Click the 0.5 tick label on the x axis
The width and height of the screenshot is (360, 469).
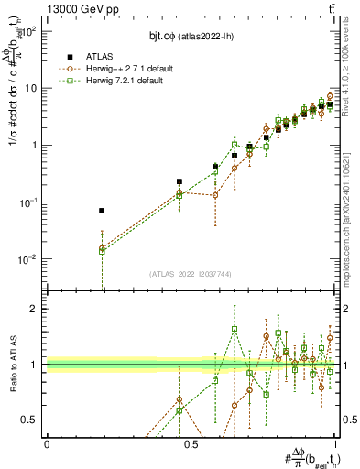191,442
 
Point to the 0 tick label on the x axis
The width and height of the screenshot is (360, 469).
47,442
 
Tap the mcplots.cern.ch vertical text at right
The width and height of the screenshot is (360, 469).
353,202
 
